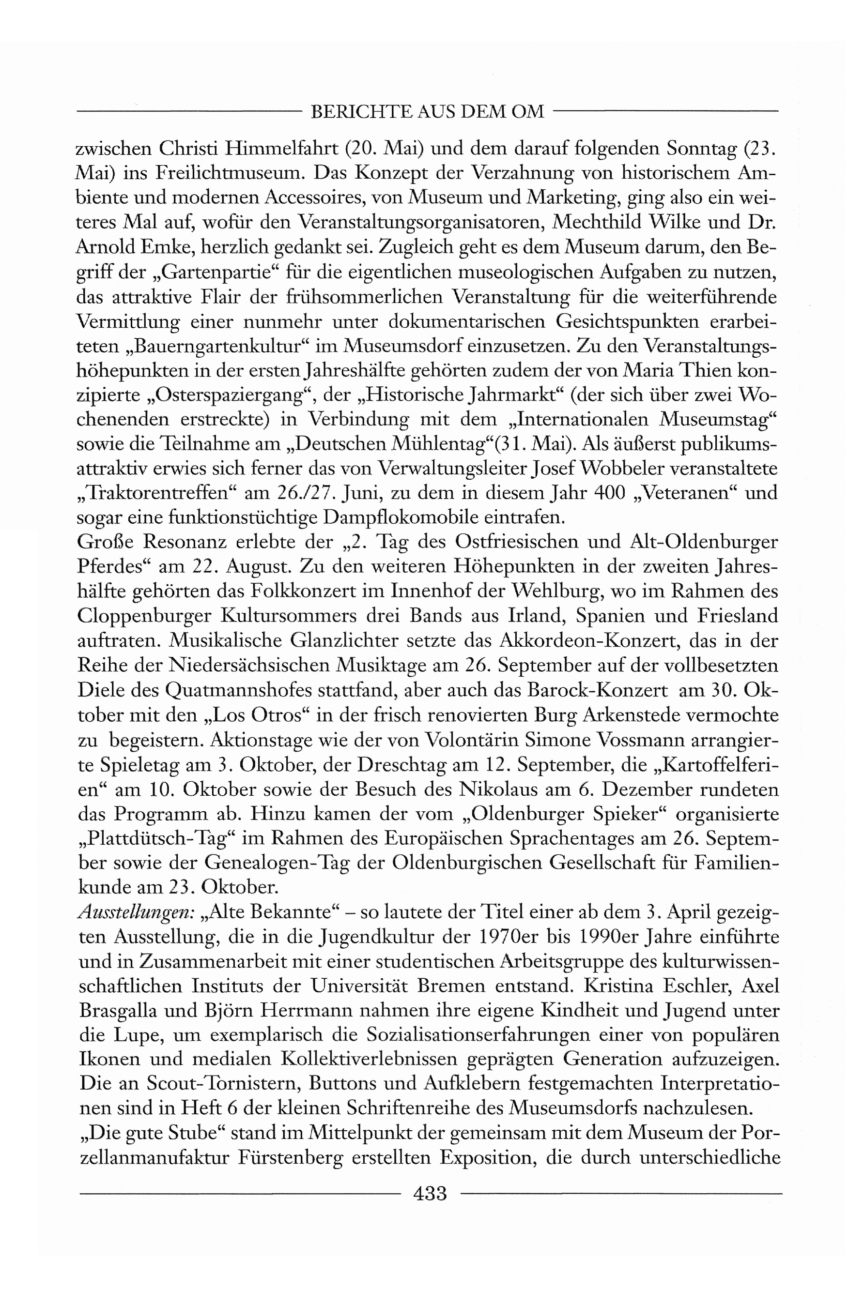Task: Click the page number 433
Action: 429,1193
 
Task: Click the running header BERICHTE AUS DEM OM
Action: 427,112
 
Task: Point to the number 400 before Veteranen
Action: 610,493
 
